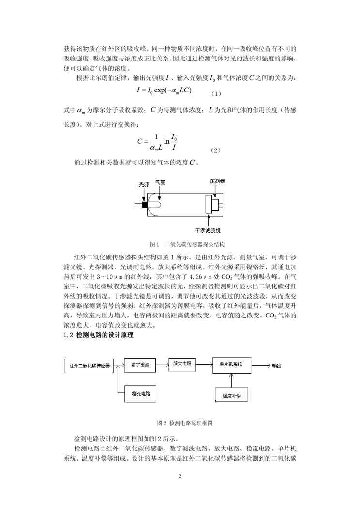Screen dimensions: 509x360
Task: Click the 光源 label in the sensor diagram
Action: click(x=144, y=185)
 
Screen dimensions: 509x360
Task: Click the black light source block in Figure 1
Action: click(x=144, y=204)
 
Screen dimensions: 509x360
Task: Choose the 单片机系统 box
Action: click(x=231, y=364)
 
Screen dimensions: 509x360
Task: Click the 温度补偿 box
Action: click(x=232, y=395)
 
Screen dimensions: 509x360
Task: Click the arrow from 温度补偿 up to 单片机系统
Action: click(x=232, y=380)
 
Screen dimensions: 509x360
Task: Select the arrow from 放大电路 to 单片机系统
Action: click(x=202, y=364)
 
